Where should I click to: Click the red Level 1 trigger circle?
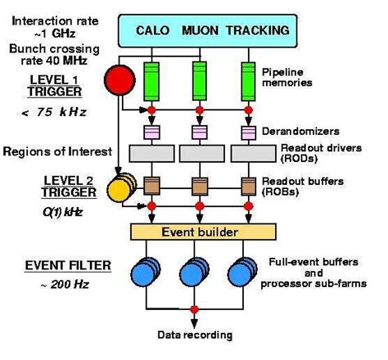(x=118, y=80)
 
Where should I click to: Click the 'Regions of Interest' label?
(x=53, y=151)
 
